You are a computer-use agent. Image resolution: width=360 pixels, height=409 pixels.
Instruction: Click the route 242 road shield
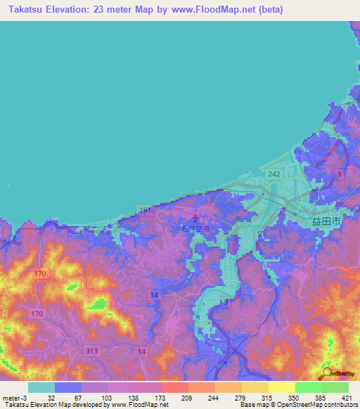(274, 172)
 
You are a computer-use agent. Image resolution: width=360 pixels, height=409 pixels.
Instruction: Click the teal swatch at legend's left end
(41, 387)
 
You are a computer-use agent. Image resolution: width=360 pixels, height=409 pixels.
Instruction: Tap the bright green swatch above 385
(308, 387)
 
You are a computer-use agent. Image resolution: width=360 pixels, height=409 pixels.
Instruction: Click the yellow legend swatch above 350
(281, 387)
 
